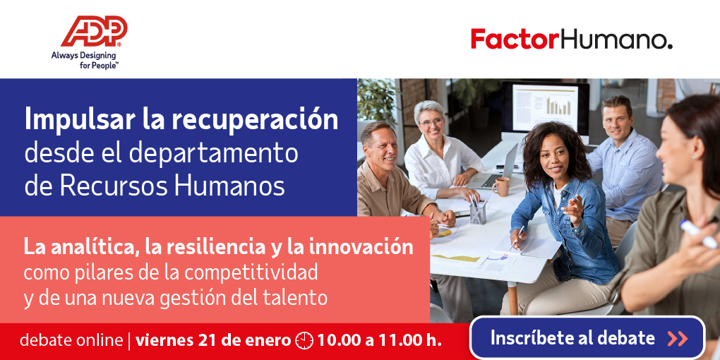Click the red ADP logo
tap(94, 31)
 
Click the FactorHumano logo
tap(572, 39)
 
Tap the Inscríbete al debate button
tap(587, 338)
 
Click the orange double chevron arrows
tap(678, 338)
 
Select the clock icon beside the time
tap(304, 341)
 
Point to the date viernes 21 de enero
tap(213, 341)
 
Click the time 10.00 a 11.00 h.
tap(379, 341)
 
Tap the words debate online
tap(71, 341)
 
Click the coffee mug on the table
tap(501, 186)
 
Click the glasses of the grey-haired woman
tap(431, 122)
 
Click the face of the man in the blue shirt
tap(616, 120)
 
